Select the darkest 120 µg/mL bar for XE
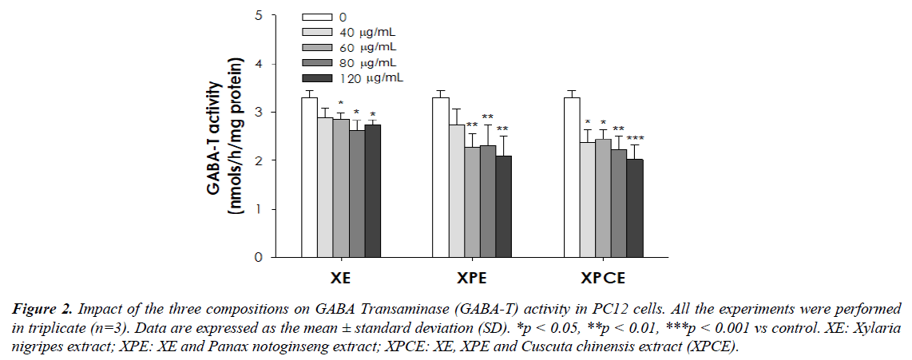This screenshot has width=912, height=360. pyautogui.click(x=373, y=191)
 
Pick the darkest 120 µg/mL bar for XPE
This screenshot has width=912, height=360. pyautogui.click(x=504, y=207)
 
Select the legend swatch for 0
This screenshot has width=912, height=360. pyautogui.click(x=318, y=18)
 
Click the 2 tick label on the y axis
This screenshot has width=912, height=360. pyautogui.click(x=257, y=160)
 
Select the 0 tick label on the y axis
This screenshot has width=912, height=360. pyautogui.click(x=257, y=258)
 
